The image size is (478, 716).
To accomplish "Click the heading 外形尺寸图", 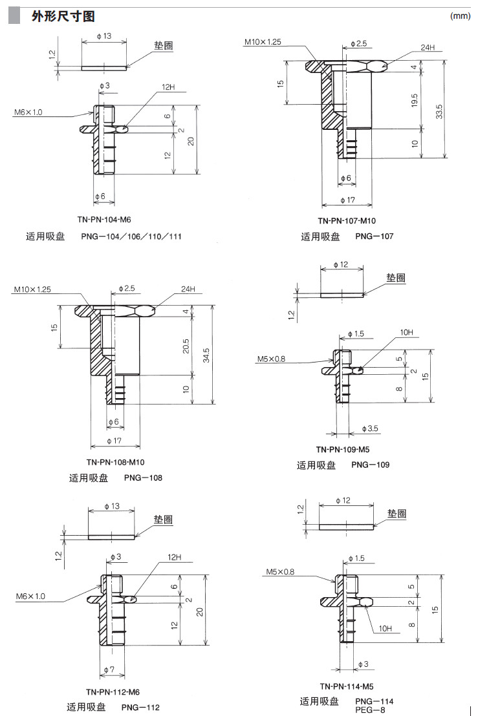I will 63,16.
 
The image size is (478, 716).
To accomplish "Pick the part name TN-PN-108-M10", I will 116,461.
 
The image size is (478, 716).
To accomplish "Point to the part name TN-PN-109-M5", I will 343,449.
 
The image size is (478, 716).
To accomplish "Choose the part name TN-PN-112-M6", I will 113,691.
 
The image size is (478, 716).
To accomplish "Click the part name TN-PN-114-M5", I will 347,686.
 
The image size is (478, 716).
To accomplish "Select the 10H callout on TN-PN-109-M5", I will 406,332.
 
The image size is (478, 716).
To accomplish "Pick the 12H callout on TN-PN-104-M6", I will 168,87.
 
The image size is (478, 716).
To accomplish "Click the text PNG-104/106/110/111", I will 131,237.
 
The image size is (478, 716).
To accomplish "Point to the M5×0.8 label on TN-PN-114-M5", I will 280,571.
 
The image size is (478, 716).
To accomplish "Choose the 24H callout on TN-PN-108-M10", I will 188,289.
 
